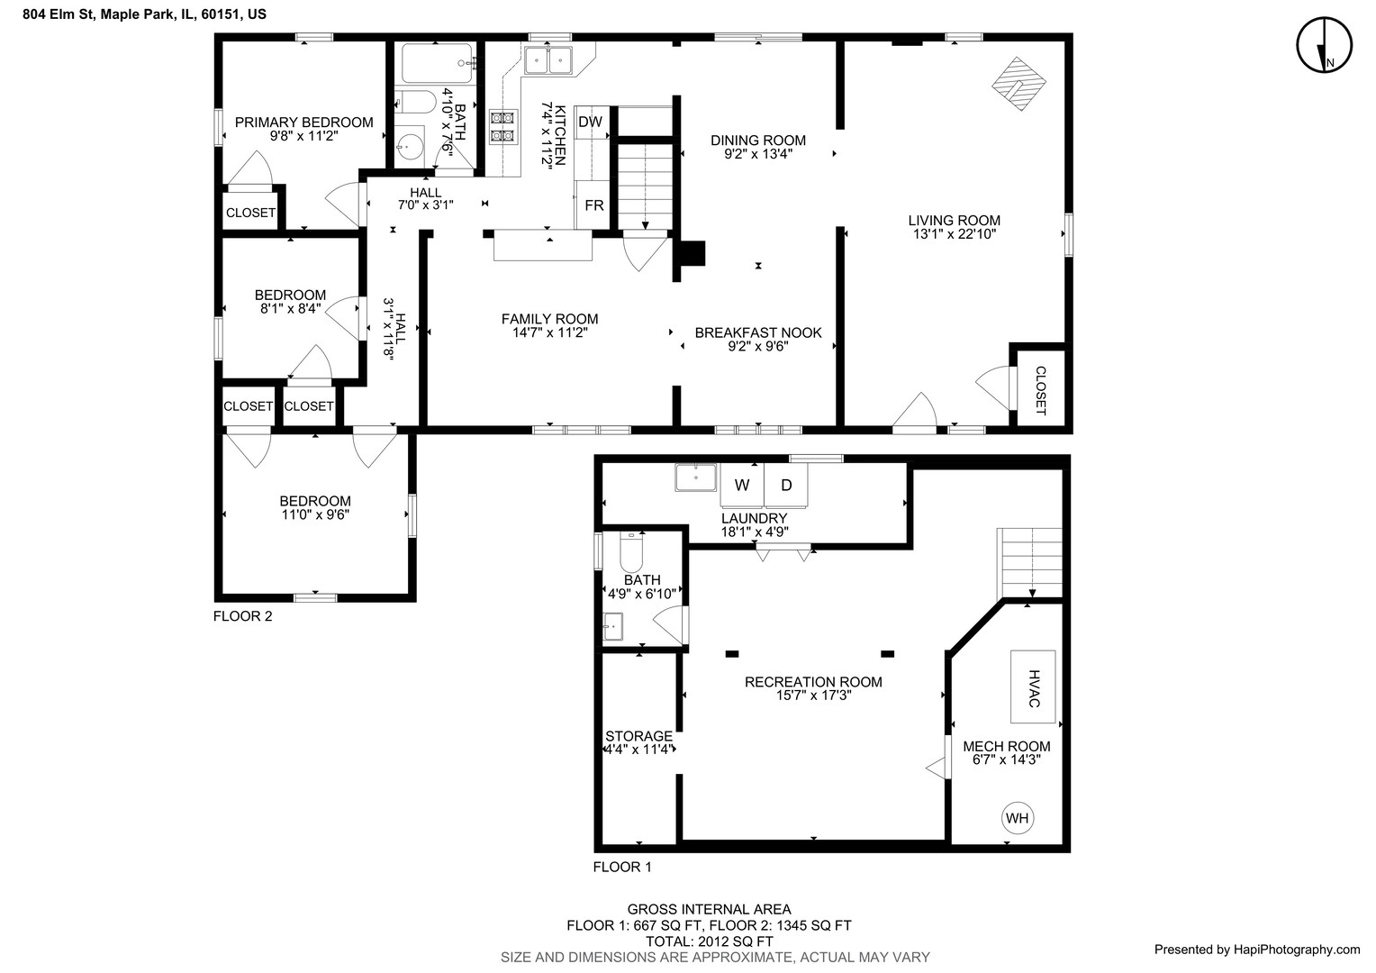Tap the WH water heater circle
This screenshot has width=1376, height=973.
pyautogui.click(x=1017, y=818)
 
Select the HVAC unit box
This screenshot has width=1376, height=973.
pyautogui.click(x=1032, y=687)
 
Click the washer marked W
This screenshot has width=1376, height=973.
pyautogui.click(x=742, y=486)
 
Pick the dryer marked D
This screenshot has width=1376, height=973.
pyautogui.click(x=786, y=486)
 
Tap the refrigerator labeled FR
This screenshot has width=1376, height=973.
pyautogui.click(x=593, y=205)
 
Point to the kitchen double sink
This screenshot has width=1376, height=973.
pyautogui.click(x=550, y=60)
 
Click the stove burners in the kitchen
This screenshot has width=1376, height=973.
pyautogui.click(x=502, y=126)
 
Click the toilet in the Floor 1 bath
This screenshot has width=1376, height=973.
pyautogui.click(x=630, y=550)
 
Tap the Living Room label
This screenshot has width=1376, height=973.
pyautogui.click(x=954, y=221)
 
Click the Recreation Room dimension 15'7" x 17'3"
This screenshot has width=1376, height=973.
pyautogui.click(x=813, y=696)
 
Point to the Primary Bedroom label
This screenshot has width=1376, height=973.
pyautogui.click(x=303, y=123)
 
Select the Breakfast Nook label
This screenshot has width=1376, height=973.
pyautogui.click(x=758, y=332)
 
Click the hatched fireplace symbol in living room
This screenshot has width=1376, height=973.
pyautogui.click(x=1019, y=84)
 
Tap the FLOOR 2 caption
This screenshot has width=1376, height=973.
pyautogui.click(x=242, y=617)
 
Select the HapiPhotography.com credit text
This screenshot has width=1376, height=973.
pyautogui.click(x=1256, y=949)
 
